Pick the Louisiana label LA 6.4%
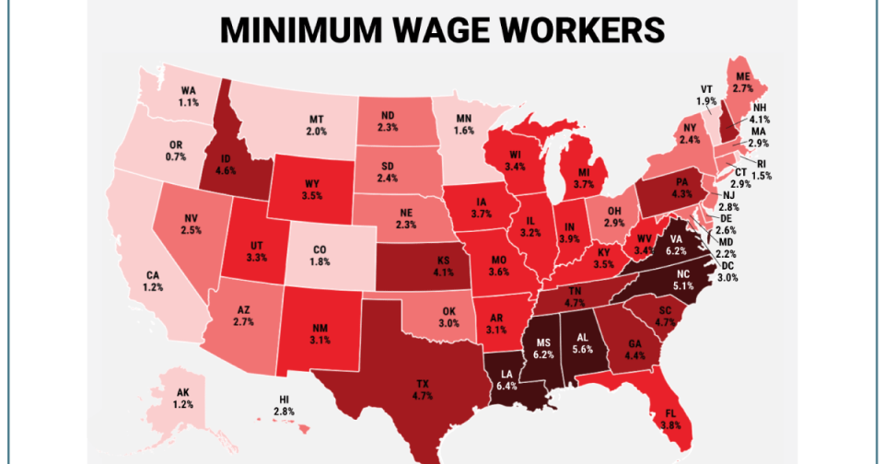(506, 380)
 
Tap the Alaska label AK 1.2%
(183, 399)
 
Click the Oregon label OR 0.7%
(177, 152)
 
